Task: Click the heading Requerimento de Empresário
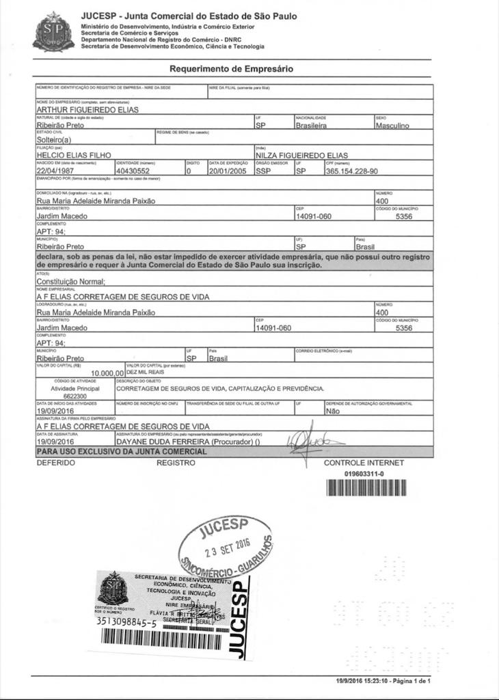coord(231,69)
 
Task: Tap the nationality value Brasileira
coord(311,126)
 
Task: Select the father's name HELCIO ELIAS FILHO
coord(73,156)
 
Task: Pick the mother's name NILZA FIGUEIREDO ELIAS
coord(306,156)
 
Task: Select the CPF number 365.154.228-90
coord(352,171)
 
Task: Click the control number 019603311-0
coord(364,473)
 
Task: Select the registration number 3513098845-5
coord(127,623)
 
